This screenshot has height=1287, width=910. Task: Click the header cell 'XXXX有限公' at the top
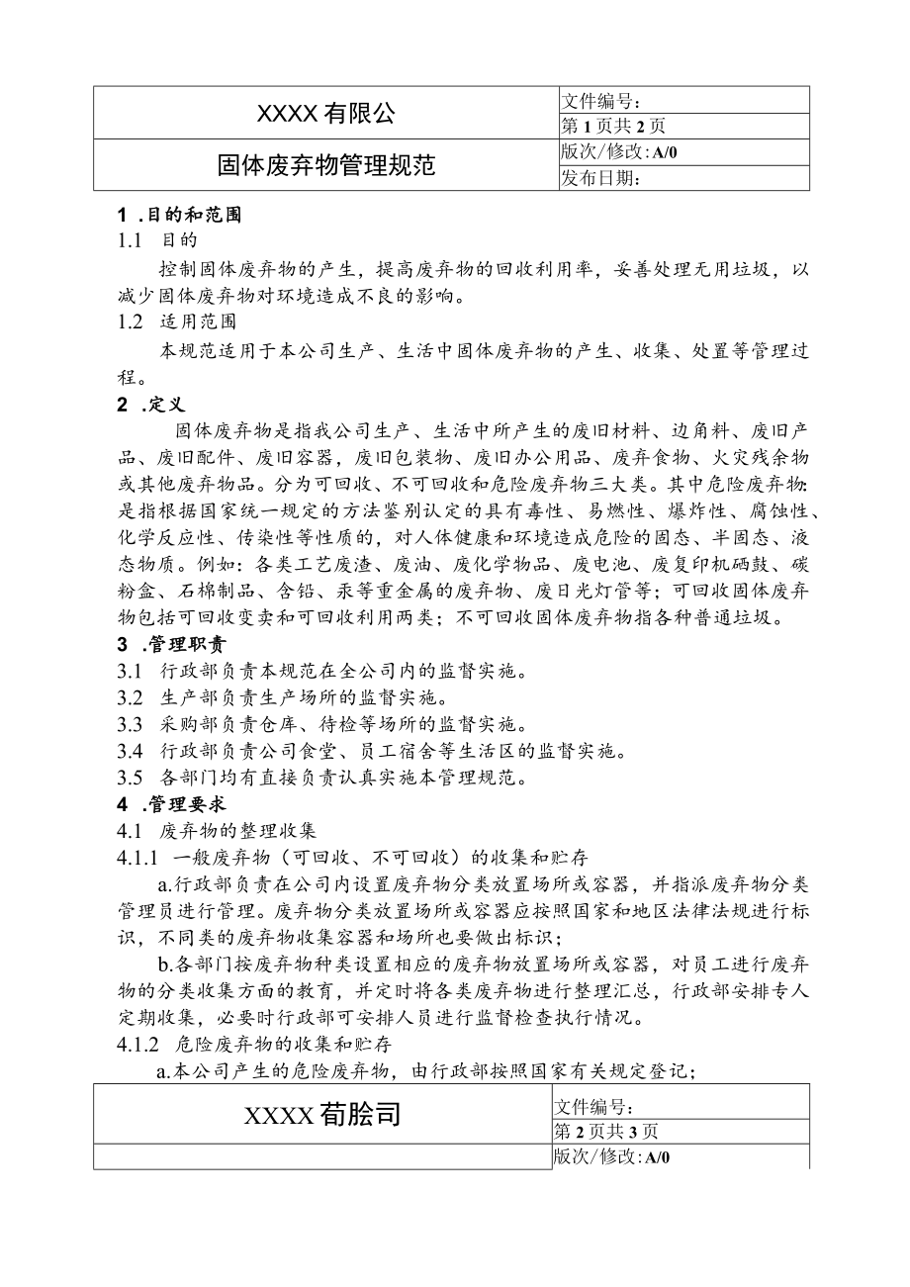click(325, 114)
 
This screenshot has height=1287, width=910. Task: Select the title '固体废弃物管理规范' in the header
click(325, 164)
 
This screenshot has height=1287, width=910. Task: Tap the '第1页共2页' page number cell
click(613, 126)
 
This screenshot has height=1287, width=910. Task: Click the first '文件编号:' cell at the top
click(603, 100)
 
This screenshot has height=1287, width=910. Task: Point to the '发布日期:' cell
click(603, 177)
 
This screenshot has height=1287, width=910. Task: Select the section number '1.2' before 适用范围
click(131, 321)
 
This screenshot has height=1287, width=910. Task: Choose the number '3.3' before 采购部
click(131, 724)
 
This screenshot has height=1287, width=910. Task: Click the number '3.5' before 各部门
click(131, 778)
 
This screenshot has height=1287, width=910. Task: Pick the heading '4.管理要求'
click(164, 803)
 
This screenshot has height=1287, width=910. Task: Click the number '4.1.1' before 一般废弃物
click(138, 857)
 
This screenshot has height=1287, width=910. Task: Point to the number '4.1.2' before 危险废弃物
click(138, 1044)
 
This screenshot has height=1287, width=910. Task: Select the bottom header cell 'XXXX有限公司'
click(322, 1115)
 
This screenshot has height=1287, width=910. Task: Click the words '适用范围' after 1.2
click(198, 321)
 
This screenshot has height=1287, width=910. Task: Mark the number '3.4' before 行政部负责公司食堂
click(131, 751)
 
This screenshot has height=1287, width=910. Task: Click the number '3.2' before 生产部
click(131, 697)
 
